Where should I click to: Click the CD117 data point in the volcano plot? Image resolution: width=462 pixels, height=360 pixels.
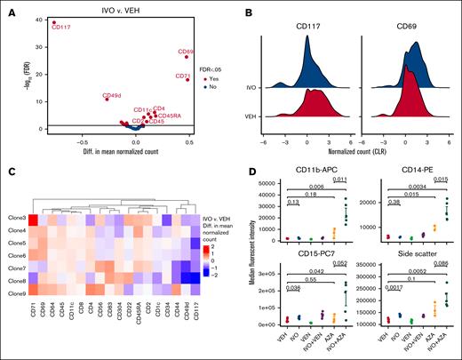tap(53, 23)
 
